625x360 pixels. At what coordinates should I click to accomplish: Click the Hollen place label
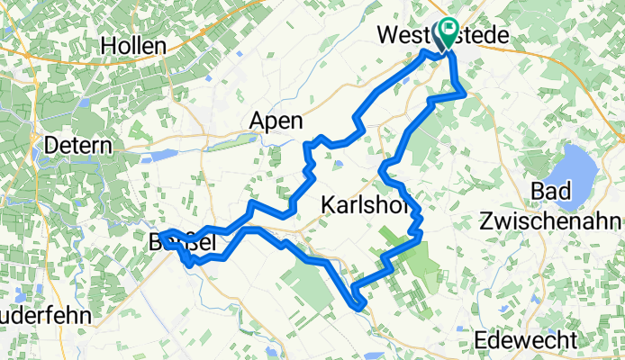[x=133, y=45]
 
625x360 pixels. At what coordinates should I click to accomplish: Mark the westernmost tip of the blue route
[x=162, y=236]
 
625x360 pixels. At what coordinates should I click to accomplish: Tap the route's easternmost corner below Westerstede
[x=465, y=93]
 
